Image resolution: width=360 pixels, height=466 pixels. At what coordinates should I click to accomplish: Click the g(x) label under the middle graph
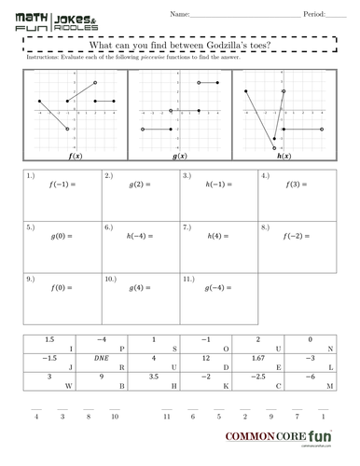pos(177,157)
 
